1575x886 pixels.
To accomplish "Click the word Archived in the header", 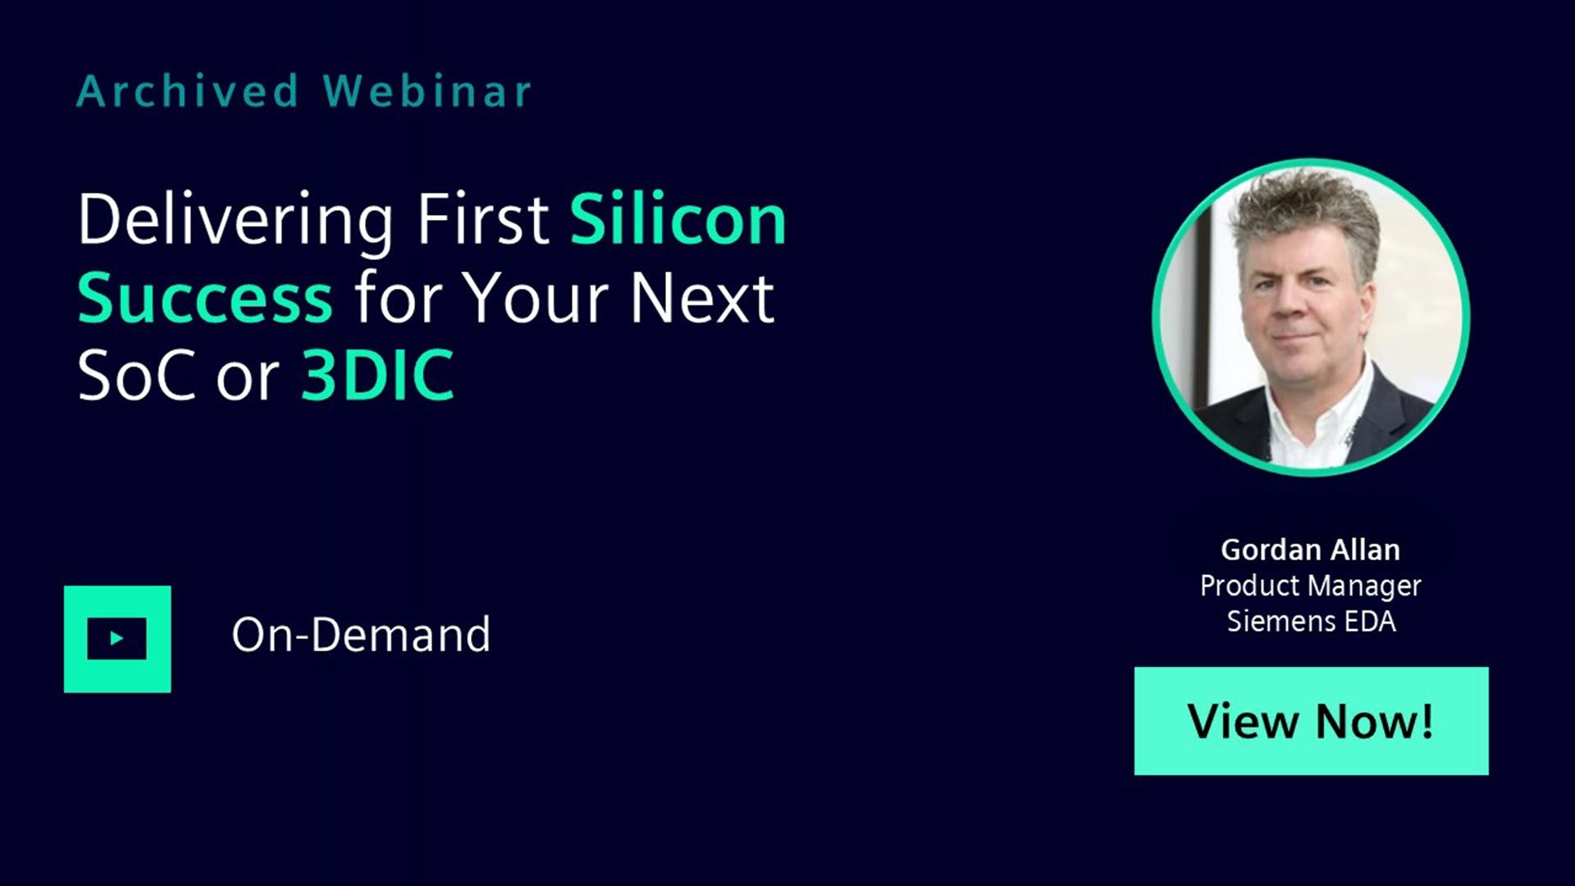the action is tap(187, 91).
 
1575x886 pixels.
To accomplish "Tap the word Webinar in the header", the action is tap(427, 91).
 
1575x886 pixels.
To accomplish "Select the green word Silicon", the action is tap(678, 219).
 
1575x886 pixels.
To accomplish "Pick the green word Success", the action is tap(205, 299).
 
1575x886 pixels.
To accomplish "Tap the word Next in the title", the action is tap(701, 298).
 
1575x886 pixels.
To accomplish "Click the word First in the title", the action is tap(483, 219).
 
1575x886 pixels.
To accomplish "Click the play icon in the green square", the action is tap(117, 638).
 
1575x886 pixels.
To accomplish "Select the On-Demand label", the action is tap(361, 635).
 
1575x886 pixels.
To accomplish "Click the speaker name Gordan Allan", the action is tap(1310, 550).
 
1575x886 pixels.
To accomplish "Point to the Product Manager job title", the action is tap(1310, 587).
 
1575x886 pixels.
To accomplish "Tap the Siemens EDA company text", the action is tap(1311, 621).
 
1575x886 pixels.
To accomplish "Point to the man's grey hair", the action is tap(1304, 213).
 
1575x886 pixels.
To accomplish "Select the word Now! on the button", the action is tap(1375, 722).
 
